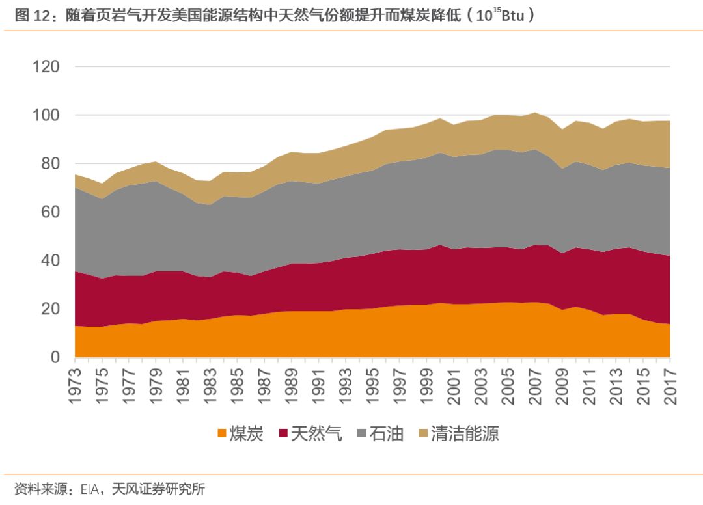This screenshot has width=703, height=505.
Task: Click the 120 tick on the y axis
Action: [x=46, y=67]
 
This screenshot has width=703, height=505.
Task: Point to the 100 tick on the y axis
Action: [x=46, y=115]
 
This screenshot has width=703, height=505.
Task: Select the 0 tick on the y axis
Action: [x=55, y=357]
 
